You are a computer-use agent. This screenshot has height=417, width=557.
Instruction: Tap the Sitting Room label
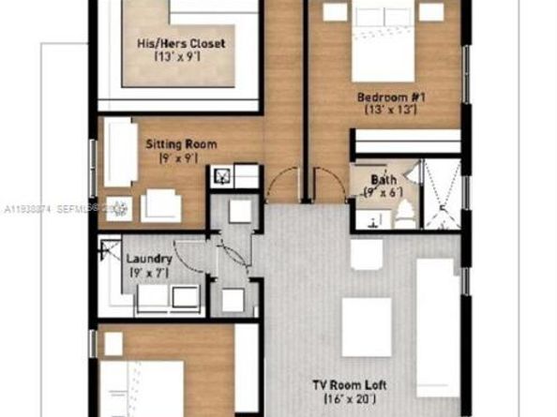click(x=181, y=144)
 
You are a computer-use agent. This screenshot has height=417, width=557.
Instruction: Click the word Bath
click(x=383, y=179)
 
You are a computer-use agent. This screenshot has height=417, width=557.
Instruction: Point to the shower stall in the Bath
click(x=439, y=195)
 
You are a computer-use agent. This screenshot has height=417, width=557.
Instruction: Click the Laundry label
click(x=148, y=258)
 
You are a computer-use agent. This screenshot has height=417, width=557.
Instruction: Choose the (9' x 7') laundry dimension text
click(x=148, y=273)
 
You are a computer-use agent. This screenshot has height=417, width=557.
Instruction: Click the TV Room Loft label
click(x=349, y=384)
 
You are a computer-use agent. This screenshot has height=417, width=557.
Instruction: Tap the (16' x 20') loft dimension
click(x=349, y=399)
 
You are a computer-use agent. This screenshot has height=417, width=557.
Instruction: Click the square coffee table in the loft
click(x=366, y=326)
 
